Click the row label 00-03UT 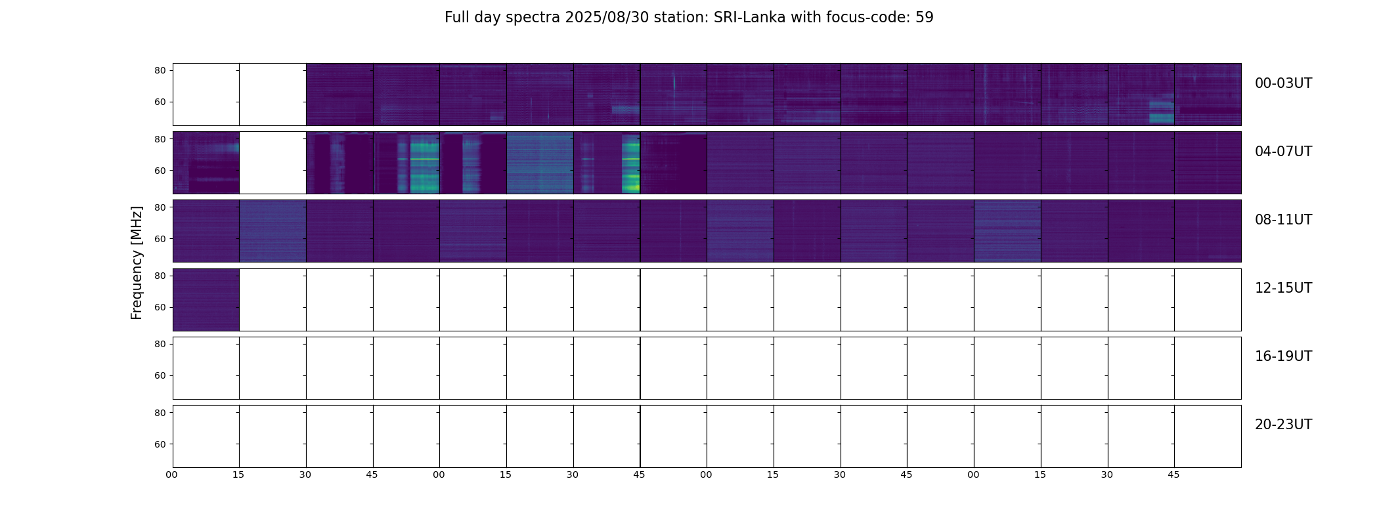tap(1283, 83)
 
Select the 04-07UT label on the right tap(1283, 152)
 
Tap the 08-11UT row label tap(1283, 220)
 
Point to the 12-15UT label tap(1283, 288)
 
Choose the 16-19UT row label tap(1283, 356)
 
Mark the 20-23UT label tap(1283, 425)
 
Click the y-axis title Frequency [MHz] tap(137, 262)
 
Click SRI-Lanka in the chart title tap(749, 18)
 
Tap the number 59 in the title tap(925, 18)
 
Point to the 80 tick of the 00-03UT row tap(160, 71)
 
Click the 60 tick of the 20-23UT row tap(160, 444)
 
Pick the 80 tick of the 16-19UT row tap(160, 344)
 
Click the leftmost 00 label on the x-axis tap(172, 474)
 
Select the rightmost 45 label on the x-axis tap(1173, 474)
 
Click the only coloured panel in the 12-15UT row tap(206, 300)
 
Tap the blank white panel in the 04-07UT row tap(273, 163)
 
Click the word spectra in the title tap(529, 18)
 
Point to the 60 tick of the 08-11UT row tap(160, 239)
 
